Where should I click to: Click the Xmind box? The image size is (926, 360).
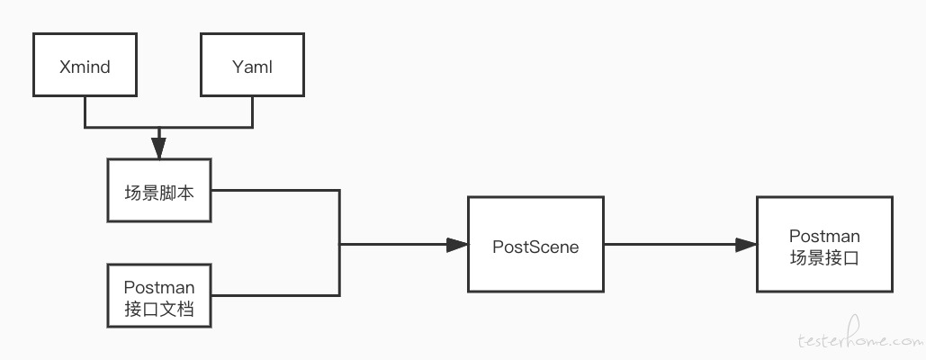pos(85,64)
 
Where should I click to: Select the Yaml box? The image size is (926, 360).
pos(252,64)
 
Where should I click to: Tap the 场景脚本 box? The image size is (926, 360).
pos(159,191)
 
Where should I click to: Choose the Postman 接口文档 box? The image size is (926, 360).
pos(159,296)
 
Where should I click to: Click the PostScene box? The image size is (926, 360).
pos(535,244)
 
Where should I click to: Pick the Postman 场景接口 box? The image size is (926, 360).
pos(824,244)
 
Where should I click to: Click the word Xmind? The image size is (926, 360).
pos(85,67)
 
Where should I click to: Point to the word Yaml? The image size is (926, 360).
pos(252,67)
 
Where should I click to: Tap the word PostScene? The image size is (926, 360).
pos(535,246)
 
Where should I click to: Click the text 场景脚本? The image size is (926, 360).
pos(159,193)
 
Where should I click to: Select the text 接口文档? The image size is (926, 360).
pos(159,309)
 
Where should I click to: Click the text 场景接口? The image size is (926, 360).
pos(824,258)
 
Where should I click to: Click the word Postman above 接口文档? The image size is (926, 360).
pos(159,287)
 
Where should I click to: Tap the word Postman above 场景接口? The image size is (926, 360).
pos(824,236)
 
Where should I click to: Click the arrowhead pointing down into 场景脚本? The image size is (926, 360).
pos(159,148)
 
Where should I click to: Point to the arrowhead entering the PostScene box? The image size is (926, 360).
pos(457,244)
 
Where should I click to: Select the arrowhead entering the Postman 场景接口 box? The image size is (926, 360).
pos(746,244)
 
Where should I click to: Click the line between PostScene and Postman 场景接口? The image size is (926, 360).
pos(670,244)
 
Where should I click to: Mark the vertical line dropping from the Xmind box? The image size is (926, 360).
pos(85,112)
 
